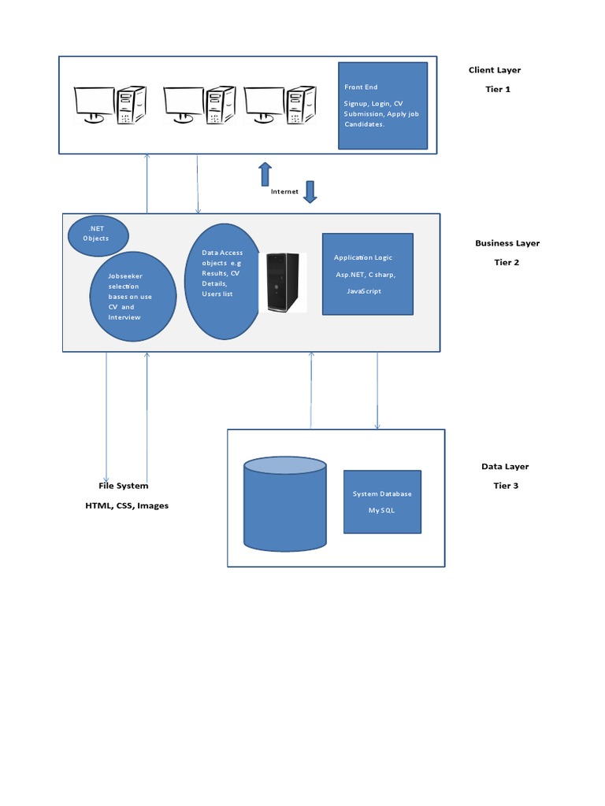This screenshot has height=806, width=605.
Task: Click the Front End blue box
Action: coord(383,105)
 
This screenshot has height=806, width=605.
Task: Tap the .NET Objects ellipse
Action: coord(98,234)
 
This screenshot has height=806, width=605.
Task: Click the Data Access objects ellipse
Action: coord(223,281)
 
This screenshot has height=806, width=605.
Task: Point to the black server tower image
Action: coord(283,283)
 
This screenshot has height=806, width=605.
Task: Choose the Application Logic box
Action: coord(367,274)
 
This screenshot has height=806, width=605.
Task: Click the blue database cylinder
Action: coord(284,504)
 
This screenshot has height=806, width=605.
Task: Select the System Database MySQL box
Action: coord(382,502)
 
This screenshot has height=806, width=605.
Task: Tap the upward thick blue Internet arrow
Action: coord(265,174)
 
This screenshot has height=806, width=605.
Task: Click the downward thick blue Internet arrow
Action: coord(310,192)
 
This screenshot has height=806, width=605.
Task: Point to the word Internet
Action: coord(284,191)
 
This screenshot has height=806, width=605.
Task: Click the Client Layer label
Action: coord(494,70)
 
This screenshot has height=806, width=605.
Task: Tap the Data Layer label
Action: coord(505,467)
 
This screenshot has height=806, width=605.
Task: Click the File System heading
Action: coord(123,486)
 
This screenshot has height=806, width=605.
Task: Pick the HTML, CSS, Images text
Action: coord(127,505)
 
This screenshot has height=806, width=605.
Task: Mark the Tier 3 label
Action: coord(506,486)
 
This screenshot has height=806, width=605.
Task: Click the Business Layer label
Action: coord(507,243)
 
